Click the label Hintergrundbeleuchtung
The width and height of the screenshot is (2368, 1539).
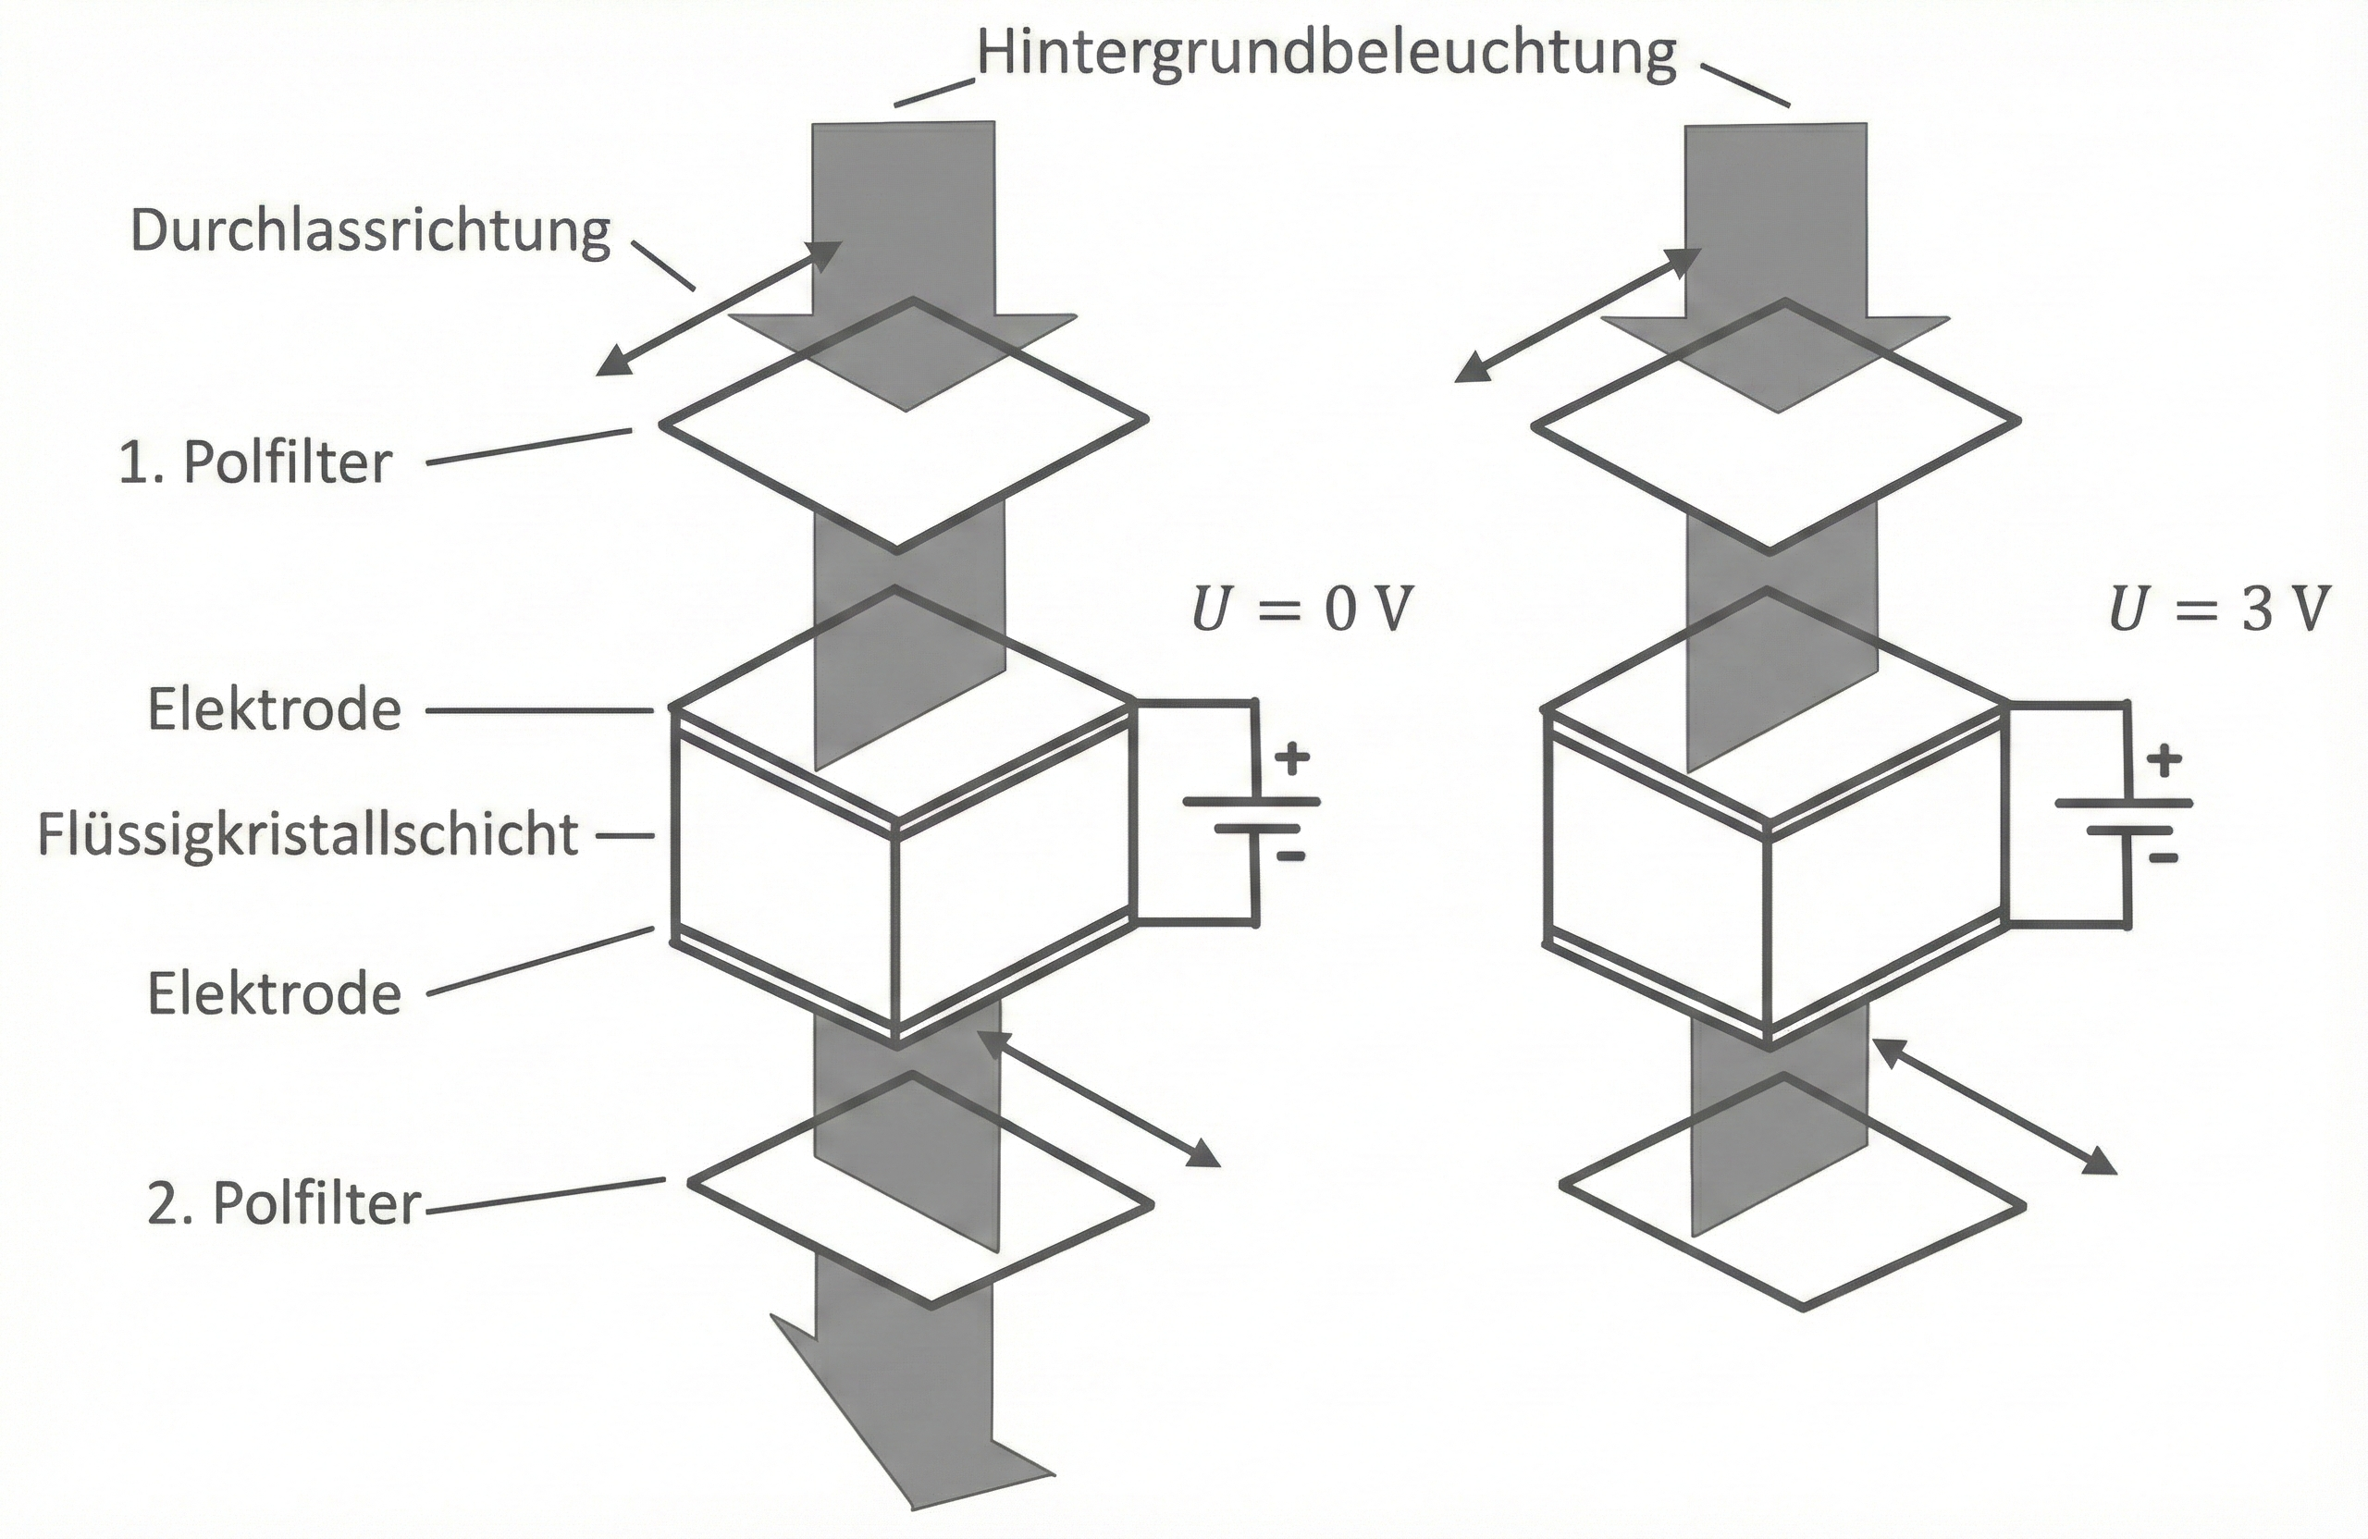click(1326, 55)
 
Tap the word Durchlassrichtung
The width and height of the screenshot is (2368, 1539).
click(370, 232)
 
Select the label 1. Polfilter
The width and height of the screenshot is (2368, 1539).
click(255, 463)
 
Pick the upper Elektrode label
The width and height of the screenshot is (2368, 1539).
click(275, 710)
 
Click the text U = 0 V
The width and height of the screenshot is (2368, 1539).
click(1301, 609)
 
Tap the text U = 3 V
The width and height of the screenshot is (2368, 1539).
click(2219, 609)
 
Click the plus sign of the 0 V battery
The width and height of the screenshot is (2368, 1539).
click(1291, 760)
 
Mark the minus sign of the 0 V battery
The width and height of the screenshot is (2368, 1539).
click(1290, 856)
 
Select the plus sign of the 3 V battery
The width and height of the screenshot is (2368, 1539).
click(2164, 762)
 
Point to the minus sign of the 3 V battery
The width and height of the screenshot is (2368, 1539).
click(2163, 857)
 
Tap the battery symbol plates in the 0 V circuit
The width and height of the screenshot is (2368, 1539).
click(1252, 814)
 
